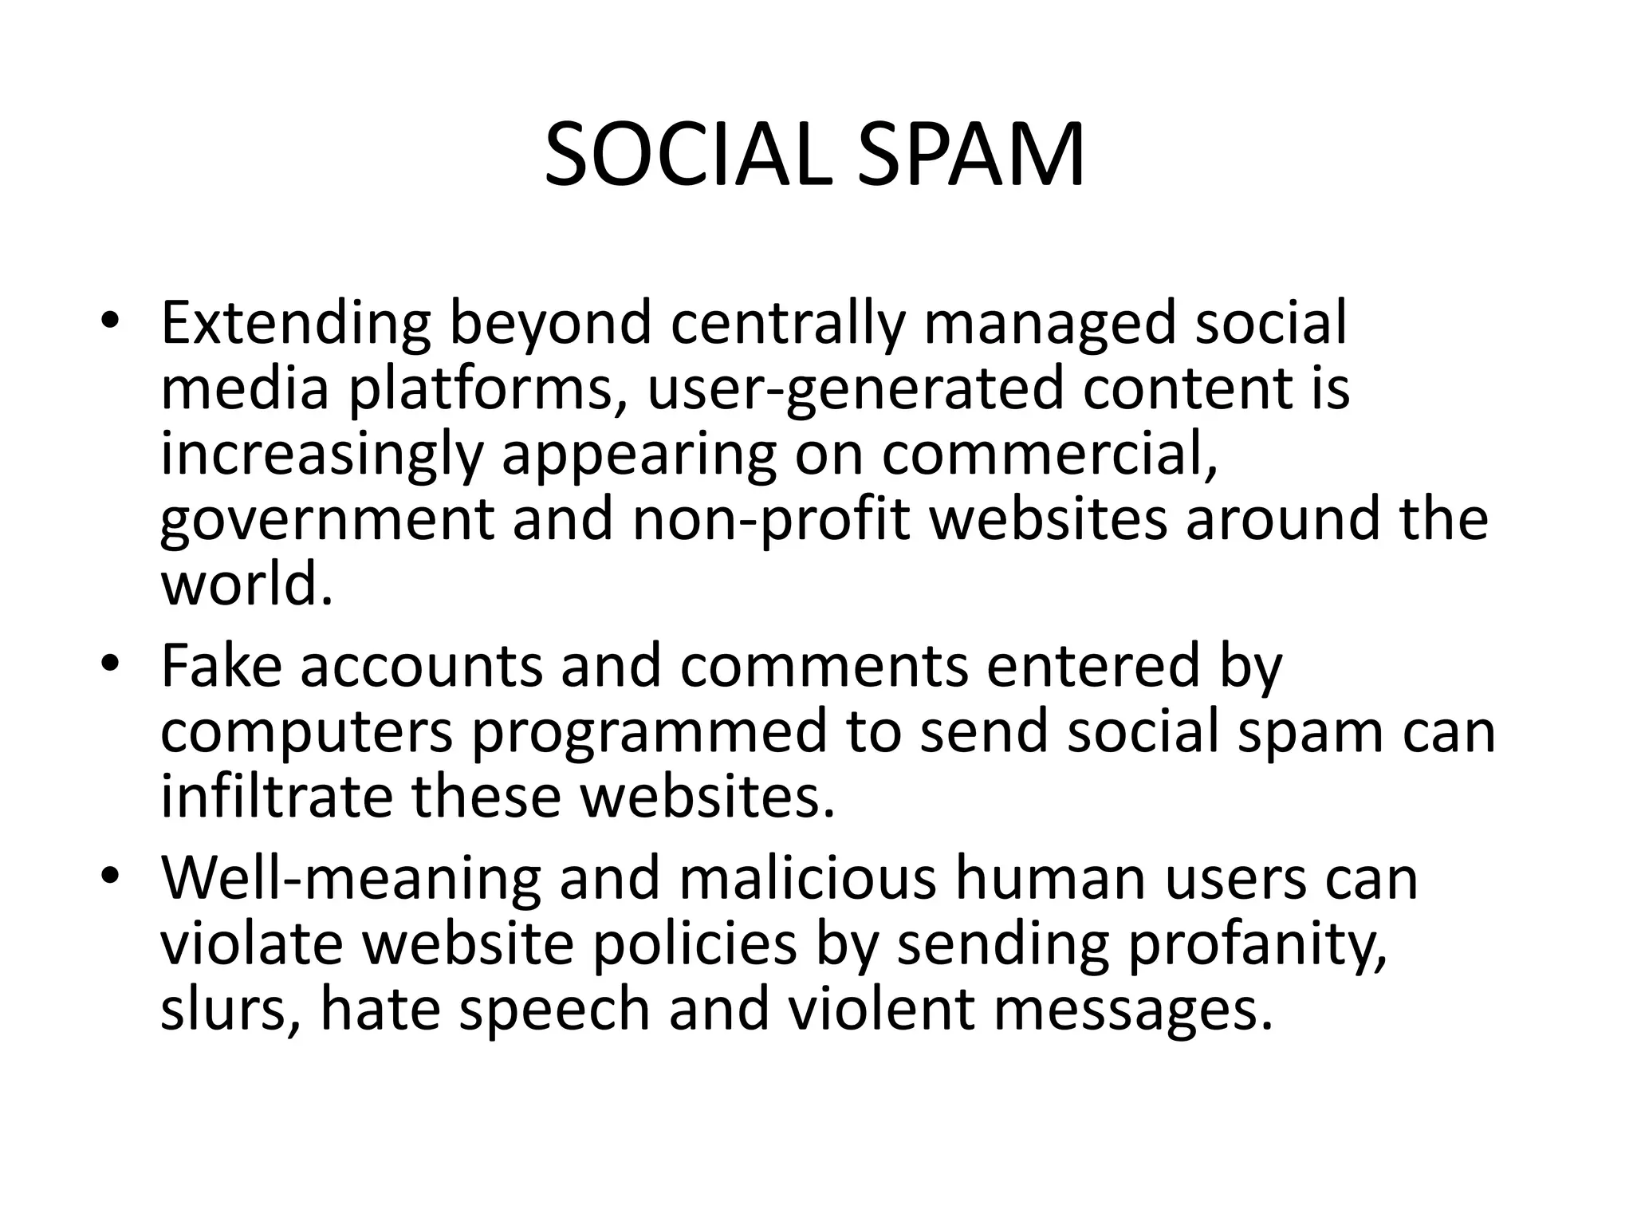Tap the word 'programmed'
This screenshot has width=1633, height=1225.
pyautogui.click(x=649, y=735)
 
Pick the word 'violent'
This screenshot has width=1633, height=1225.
pyautogui.click(x=881, y=1010)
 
